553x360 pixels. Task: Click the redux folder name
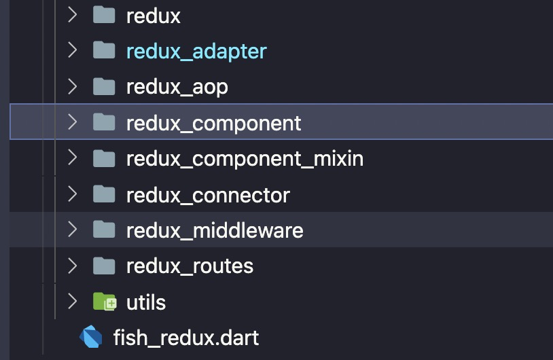point(153,16)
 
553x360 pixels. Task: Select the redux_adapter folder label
point(196,52)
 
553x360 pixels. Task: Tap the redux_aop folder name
point(177,87)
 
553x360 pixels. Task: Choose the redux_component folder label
point(213,124)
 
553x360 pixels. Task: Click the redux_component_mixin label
point(245,159)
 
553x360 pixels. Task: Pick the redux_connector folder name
point(208,195)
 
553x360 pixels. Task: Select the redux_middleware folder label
point(215,230)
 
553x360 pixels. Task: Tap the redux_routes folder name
point(190,266)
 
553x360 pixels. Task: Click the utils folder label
point(146,302)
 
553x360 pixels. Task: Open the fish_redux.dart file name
point(185,337)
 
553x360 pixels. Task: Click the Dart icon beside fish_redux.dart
point(91,337)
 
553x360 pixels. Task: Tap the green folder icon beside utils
point(105,302)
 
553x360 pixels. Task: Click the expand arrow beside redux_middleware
point(72,230)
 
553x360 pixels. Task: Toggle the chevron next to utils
point(72,301)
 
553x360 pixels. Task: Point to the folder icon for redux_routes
point(104,265)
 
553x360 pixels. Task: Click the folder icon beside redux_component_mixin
point(104,158)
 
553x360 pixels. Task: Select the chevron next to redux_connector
point(72,194)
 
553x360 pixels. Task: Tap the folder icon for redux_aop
point(104,86)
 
